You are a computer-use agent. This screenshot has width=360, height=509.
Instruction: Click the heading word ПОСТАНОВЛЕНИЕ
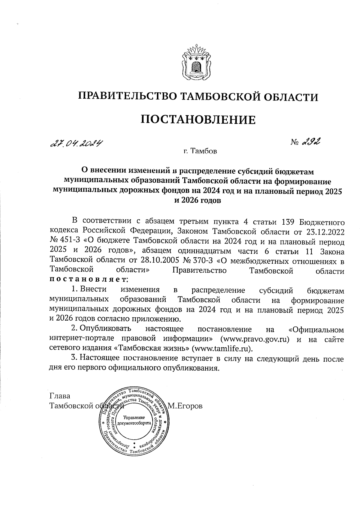[x=198, y=120]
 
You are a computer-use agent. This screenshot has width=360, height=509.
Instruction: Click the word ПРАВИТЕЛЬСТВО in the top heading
[x=125, y=97]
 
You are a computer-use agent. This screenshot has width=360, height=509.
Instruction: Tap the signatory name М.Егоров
[x=185, y=406]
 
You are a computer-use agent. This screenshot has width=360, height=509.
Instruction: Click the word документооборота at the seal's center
[x=133, y=422]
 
